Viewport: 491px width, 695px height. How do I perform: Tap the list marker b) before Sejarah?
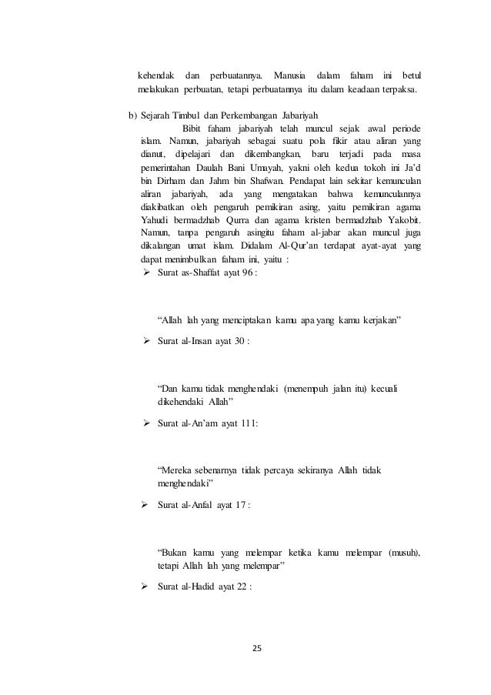point(132,116)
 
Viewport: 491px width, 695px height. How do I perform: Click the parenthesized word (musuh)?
point(405,553)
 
